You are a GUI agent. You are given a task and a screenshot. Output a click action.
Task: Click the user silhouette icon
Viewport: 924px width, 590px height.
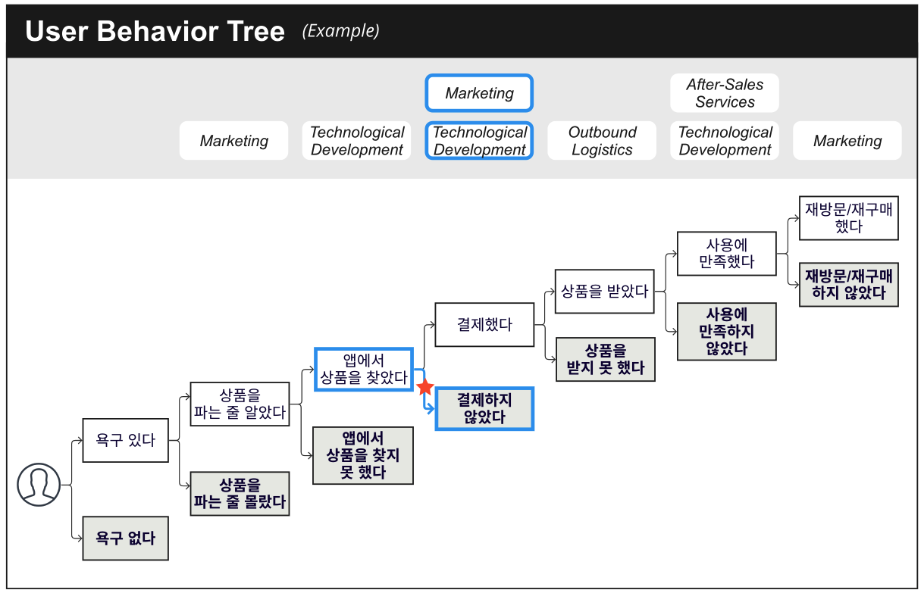pyautogui.click(x=39, y=485)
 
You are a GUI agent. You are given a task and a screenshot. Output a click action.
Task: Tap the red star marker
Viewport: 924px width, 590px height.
pyautogui.click(x=425, y=387)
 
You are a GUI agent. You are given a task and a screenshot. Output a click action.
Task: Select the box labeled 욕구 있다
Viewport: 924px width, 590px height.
pyautogui.click(x=125, y=440)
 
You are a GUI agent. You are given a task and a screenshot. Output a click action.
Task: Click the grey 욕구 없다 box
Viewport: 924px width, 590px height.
pyautogui.click(x=125, y=538)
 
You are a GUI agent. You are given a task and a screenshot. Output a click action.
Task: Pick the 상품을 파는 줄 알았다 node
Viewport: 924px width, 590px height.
pyautogui.click(x=240, y=404)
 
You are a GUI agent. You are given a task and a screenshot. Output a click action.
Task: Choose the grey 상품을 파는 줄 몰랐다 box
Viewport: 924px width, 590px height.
pyautogui.click(x=240, y=494)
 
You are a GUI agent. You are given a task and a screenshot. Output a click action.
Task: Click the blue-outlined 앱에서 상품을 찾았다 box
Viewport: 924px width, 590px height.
pyautogui.click(x=364, y=369)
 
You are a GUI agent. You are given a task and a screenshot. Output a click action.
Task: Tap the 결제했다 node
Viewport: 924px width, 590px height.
pyautogui.click(x=484, y=324)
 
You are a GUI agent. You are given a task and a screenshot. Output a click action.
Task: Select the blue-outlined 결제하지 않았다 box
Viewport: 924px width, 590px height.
pyautogui.click(x=484, y=408)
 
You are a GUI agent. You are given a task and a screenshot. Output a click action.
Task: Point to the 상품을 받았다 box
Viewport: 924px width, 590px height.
pyautogui.click(x=605, y=292)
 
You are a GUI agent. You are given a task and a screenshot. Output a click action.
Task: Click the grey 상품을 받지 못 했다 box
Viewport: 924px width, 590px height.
pyautogui.click(x=606, y=360)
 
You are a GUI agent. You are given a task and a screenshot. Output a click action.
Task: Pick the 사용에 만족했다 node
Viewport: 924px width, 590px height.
pyautogui.click(x=727, y=254)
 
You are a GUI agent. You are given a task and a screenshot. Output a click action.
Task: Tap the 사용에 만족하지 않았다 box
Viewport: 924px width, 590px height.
pyautogui.click(x=727, y=332)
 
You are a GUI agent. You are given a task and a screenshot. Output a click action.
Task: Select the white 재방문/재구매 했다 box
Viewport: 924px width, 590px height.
pyautogui.click(x=849, y=218)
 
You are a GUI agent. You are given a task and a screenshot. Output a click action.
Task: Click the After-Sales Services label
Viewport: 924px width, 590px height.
pyautogui.click(x=725, y=93)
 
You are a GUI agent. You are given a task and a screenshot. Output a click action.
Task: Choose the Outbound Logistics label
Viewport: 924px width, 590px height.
pyautogui.click(x=602, y=141)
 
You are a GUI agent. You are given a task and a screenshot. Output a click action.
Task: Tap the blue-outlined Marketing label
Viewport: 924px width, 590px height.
pyautogui.click(x=479, y=93)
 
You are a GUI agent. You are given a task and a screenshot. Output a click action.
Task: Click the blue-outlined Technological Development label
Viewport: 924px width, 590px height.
pyautogui.click(x=479, y=141)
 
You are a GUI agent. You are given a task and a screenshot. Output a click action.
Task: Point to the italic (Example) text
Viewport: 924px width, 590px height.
pyautogui.click(x=341, y=31)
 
